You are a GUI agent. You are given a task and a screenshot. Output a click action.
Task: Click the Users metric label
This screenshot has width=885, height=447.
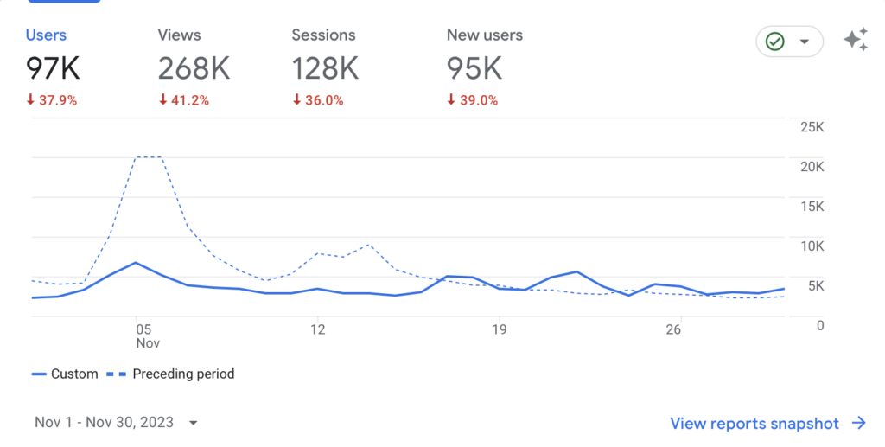tap(46, 35)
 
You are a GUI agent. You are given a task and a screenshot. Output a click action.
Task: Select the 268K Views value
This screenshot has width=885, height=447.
tap(194, 68)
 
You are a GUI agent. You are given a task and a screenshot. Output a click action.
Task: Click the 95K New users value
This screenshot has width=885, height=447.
tap(474, 68)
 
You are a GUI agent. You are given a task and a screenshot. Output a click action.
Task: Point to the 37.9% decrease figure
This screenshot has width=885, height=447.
tap(51, 100)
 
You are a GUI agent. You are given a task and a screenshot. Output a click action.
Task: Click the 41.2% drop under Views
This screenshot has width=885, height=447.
tap(183, 100)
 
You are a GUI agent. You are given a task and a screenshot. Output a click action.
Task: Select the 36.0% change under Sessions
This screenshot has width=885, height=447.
tap(317, 100)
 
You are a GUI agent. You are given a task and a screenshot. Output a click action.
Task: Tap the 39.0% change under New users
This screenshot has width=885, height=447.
tap(472, 100)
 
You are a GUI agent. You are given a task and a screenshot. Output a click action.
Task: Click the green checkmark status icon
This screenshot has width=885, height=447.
tap(775, 41)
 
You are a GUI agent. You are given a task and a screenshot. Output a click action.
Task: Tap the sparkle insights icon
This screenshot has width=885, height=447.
tap(856, 40)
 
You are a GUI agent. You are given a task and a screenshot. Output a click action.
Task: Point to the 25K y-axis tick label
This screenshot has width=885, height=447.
tap(812, 127)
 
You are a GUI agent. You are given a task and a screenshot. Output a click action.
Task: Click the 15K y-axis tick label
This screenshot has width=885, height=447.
tap(812, 207)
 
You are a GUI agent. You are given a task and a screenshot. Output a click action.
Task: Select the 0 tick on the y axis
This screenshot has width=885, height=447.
tap(819, 325)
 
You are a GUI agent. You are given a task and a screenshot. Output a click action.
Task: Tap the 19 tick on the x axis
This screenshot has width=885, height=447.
tap(498, 329)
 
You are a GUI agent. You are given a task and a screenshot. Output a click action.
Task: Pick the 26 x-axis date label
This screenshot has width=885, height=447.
tap(674, 329)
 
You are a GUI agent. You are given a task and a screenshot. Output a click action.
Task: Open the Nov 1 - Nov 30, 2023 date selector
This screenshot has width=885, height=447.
tap(116, 423)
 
